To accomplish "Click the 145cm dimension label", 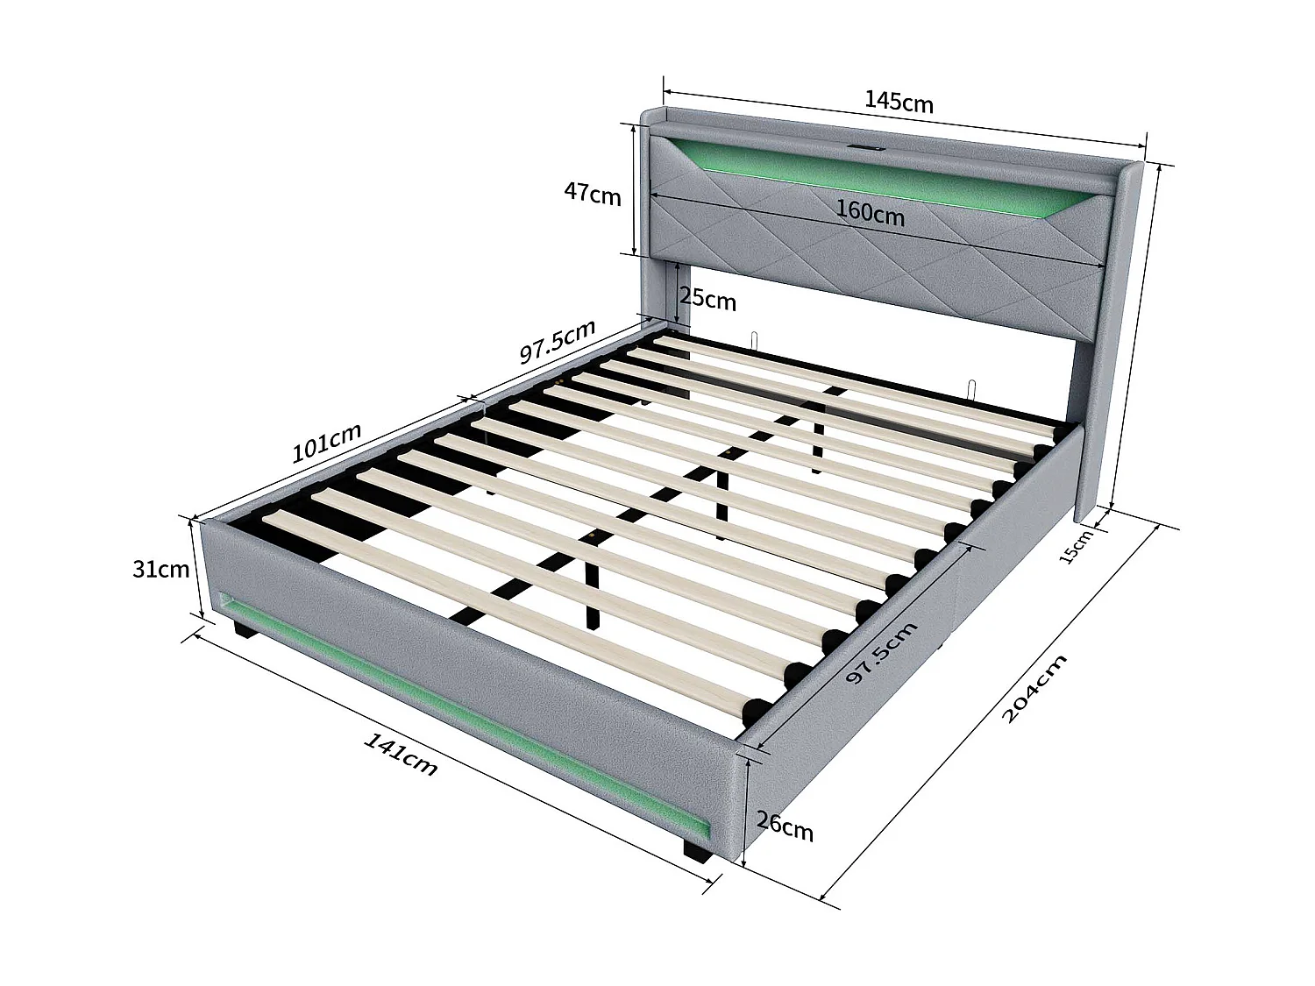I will click(x=899, y=102).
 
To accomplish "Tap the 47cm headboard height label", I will click(x=593, y=193).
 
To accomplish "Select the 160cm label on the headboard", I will click(x=870, y=212).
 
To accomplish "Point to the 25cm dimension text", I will click(x=707, y=300).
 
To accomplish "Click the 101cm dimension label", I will click(x=326, y=443).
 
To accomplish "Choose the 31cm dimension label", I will click(x=160, y=569).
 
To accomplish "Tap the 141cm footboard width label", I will click(x=400, y=754).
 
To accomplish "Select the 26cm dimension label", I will click(x=785, y=826).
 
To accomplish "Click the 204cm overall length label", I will click(x=1034, y=688).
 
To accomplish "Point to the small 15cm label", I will click(x=1075, y=547).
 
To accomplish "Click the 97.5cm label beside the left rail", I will click(x=558, y=341).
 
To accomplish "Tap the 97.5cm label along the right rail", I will click(x=881, y=654).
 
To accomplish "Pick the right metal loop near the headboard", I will click(x=972, y=388).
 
